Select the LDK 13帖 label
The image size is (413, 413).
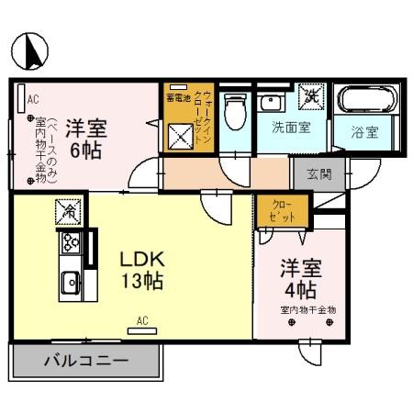[141, 270]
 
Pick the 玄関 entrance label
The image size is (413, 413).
[320, 172]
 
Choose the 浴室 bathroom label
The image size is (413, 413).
[365, 132]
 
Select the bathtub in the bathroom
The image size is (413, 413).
[367, 99]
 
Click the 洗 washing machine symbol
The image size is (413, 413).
[313, 95]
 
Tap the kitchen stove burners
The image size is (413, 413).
[70, 243]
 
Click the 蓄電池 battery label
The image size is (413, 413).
[177, 97]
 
